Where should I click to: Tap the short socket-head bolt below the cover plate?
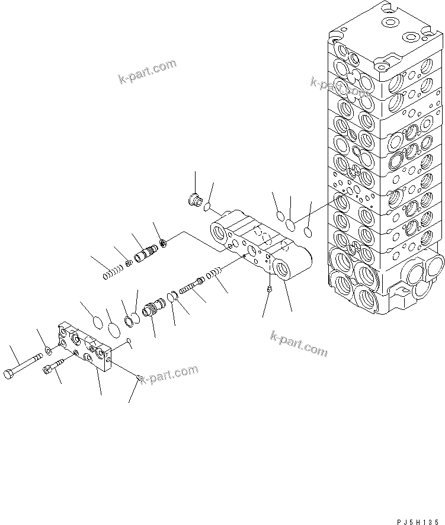point(53,367)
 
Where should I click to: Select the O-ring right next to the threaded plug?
point(206,207)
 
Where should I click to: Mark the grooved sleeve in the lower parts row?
point(153,308)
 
